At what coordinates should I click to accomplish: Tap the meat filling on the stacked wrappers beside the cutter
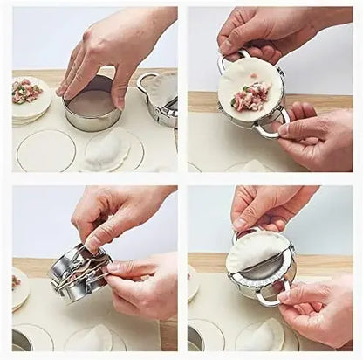tap(27, 90)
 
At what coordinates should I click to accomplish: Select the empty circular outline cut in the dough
tap(45, 149)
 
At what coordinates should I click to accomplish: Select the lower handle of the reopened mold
tap(265, 297)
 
